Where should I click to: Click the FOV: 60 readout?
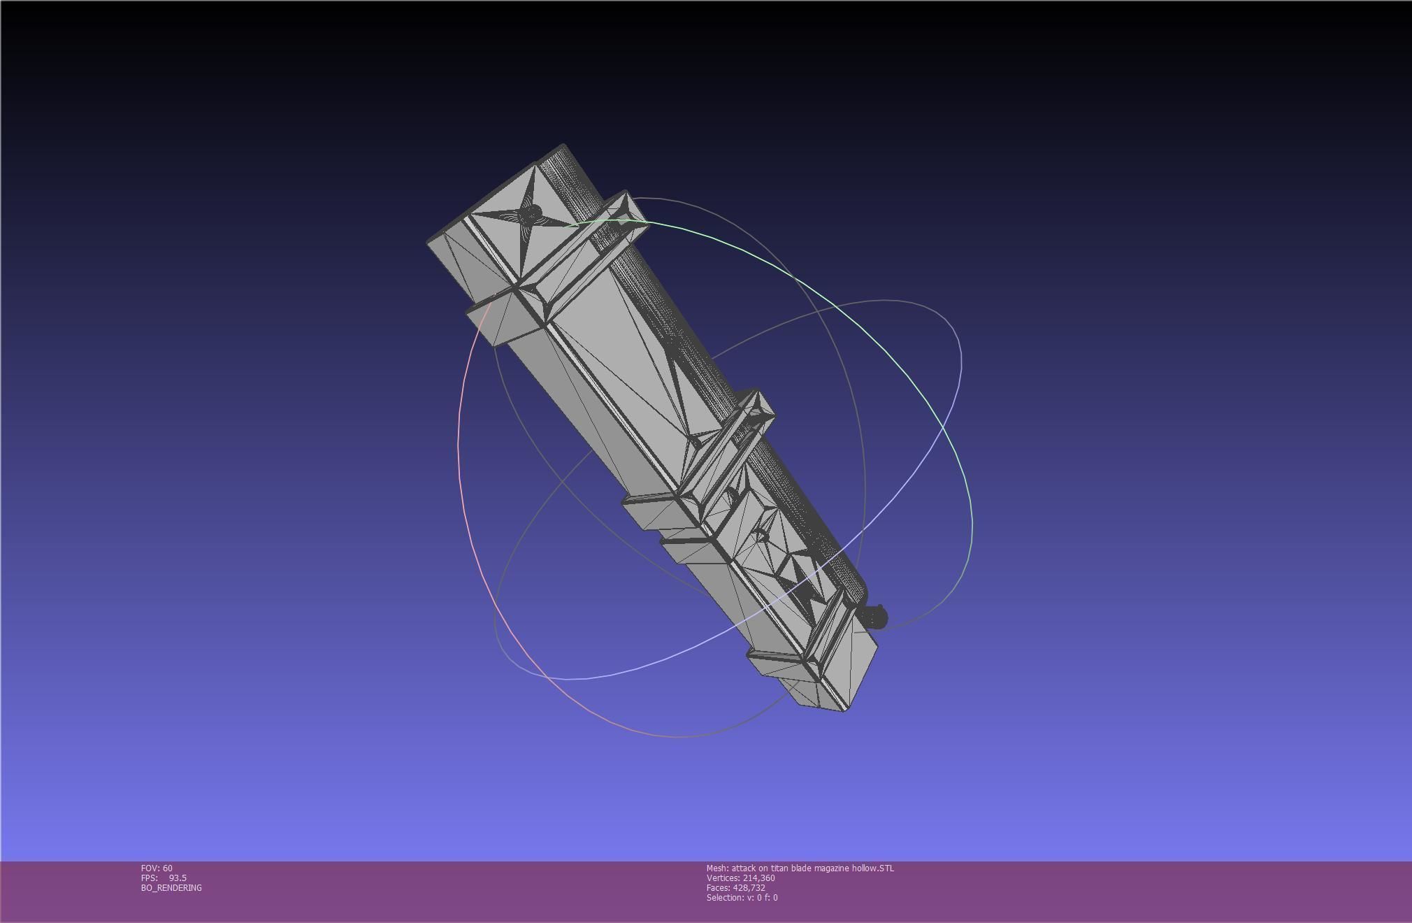click(x=157, y=868)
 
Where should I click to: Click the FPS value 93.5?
click(x=177, y=878)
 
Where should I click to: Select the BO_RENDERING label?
click(x=171, y=887)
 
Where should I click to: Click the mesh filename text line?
click(x=800, y=868)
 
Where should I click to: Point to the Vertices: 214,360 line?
click(x=740, y=878)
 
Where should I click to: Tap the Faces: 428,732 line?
click(x=735, y=887)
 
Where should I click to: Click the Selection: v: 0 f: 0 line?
click(x=742, y=897)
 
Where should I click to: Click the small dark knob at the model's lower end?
click(x=874, y=617)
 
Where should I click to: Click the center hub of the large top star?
click(x=531, y=212)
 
